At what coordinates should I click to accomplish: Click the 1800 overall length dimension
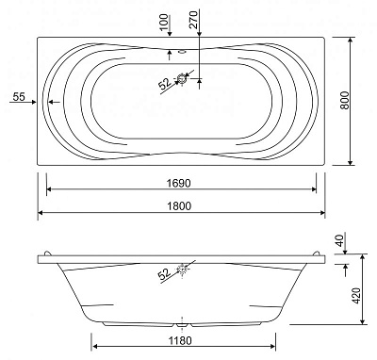point(179,206)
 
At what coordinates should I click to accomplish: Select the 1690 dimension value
point(179,183)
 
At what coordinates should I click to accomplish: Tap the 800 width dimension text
point(345,100)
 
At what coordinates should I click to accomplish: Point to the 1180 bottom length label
point(180,340)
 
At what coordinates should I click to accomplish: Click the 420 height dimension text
point(356,295)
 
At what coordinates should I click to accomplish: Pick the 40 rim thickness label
point(340,240)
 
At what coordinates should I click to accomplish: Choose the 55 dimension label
point(19,97)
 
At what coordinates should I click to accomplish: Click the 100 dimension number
point(164,23)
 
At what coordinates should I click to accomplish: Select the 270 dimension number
point(194,20)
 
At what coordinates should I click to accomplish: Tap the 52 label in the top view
point(165,83)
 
